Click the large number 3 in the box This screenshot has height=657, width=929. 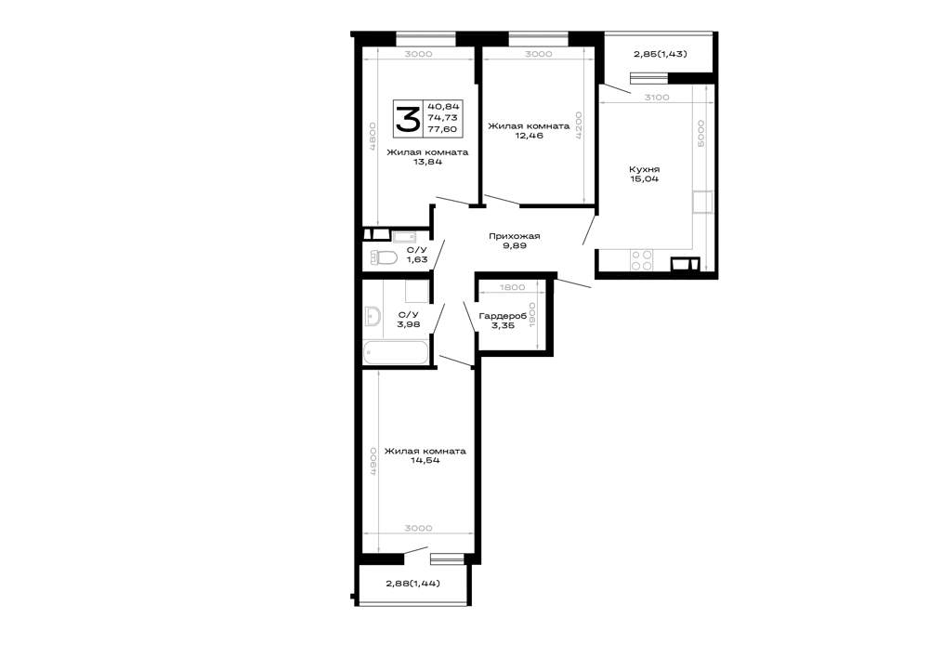click(408, 119)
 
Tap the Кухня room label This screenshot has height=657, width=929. click(645, 169)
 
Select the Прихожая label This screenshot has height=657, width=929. click(515, 236)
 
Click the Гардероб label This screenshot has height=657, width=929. click(503, 316)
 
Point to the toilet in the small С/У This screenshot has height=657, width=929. click(384, 257)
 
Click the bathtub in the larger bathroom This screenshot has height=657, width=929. click(395, 352)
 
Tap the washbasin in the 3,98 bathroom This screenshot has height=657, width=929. click(373, 317)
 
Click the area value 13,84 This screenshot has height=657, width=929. click(427, 162)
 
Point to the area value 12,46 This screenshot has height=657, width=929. click(529, 136)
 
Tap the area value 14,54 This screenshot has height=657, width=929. click(425, 460)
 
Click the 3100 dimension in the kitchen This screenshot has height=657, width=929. click(657, 98)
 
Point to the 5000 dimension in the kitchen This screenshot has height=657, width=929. click(700, 134)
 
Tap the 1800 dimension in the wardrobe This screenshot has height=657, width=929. click(513, 287)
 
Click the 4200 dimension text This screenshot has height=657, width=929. click(579, 125)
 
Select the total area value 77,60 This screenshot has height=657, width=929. click(447, 129)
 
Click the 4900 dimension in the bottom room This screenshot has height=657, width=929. click(373, 462)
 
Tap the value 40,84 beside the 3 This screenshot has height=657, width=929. click(447, 107)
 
